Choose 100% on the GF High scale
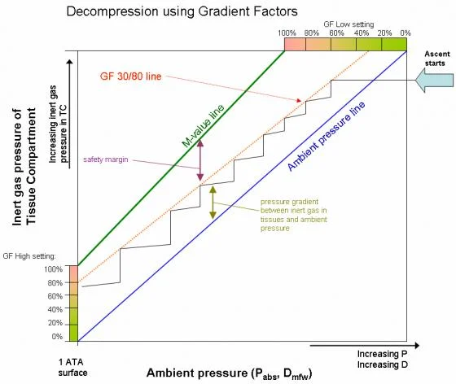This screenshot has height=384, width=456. click(53, 269)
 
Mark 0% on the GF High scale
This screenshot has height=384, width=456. click(56, 336)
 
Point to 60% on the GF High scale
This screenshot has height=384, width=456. click(55, 296)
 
